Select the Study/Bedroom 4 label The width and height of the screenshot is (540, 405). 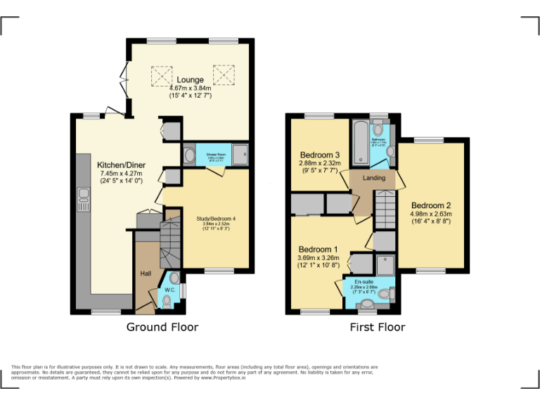(215, 219)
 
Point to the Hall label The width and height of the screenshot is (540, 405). (146, 274)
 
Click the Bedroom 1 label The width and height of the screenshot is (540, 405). (318, 250)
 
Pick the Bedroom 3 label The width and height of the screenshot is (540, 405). (320, 155)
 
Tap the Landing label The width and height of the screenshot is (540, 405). (374, 178)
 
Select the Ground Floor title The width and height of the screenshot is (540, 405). (162, 327)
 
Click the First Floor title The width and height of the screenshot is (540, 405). (378, 327)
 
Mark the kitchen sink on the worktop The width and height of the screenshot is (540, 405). (83, 200)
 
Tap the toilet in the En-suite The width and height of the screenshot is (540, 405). (367, 305)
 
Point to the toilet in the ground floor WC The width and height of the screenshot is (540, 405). (167, 301)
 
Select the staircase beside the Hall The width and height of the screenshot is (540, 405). (170, 243)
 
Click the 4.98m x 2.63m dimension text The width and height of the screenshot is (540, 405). (430, 214)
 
